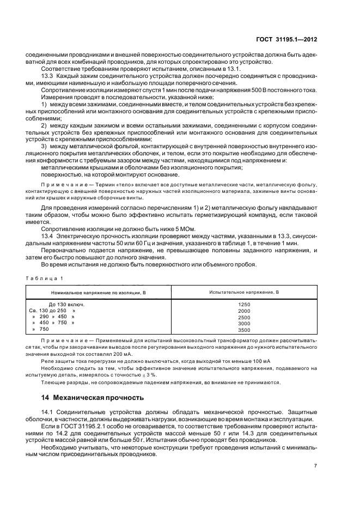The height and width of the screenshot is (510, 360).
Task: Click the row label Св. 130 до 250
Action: click(52, 311)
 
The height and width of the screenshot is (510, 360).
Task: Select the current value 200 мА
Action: click(118, 353)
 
